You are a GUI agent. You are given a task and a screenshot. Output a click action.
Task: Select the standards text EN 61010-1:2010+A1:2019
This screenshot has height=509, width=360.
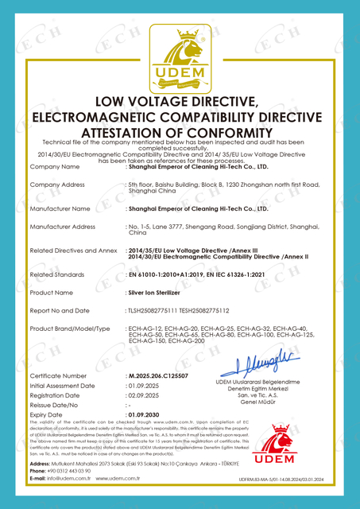167,274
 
